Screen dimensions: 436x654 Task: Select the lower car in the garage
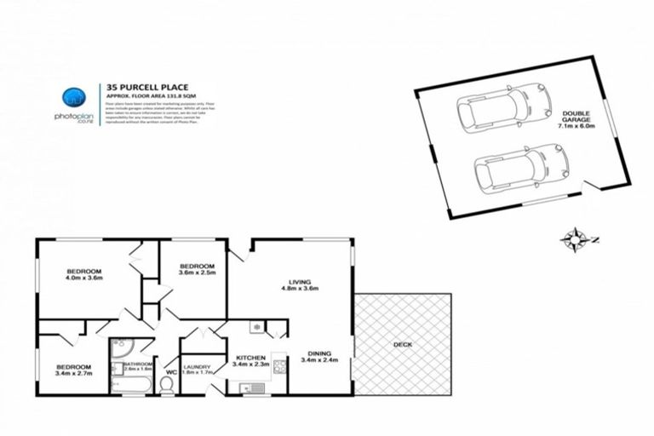coord(519,169)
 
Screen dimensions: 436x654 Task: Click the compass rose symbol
coord(575,239)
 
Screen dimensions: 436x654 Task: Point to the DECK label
coord(403,345)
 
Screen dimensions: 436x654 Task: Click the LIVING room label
coord(299,281)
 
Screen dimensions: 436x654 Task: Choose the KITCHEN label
coord(252,358)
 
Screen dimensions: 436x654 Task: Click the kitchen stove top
coord(279,367)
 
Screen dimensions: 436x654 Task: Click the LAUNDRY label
coord(198,367)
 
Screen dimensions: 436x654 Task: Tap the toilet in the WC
coord(166,386)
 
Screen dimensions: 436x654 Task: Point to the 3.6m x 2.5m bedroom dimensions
coord(196,273)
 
